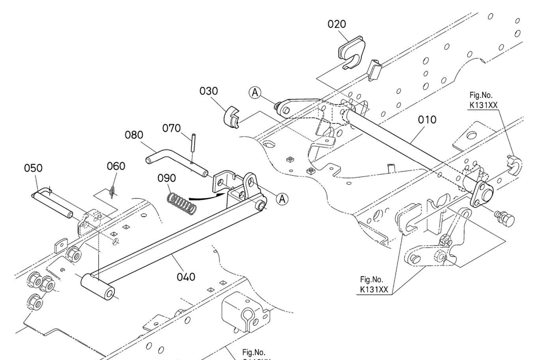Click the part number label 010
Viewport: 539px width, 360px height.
click(x=427, y=120)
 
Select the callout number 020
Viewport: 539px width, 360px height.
click(x=337, y=24)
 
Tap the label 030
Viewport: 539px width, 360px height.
click(x=209, y=91)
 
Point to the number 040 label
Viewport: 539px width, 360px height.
click(x=186, y=277)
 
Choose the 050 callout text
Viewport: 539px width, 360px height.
click(x=33, y=168)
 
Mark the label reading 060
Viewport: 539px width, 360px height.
click(x=116, y=166)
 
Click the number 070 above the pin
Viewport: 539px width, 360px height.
click(x=171, y=128)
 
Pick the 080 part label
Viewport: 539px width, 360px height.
click(x=134, y=135)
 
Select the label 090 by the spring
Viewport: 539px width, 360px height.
click(x=167, y=178)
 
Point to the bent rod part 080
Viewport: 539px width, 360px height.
click(x=176, y=164)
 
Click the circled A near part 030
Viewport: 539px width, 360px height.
click(x=255, y=92)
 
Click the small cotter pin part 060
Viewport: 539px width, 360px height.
click(x=113, y=192)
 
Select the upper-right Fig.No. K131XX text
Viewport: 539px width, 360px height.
click(x=483, y=100)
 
